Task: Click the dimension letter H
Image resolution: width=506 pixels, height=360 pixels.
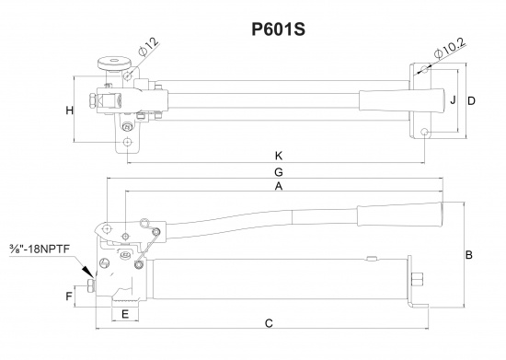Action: (x=70, y=111)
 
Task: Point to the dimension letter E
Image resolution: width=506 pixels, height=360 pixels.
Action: (x=124, y=314)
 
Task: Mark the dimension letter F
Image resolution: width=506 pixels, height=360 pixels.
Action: (x=70, y=296)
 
